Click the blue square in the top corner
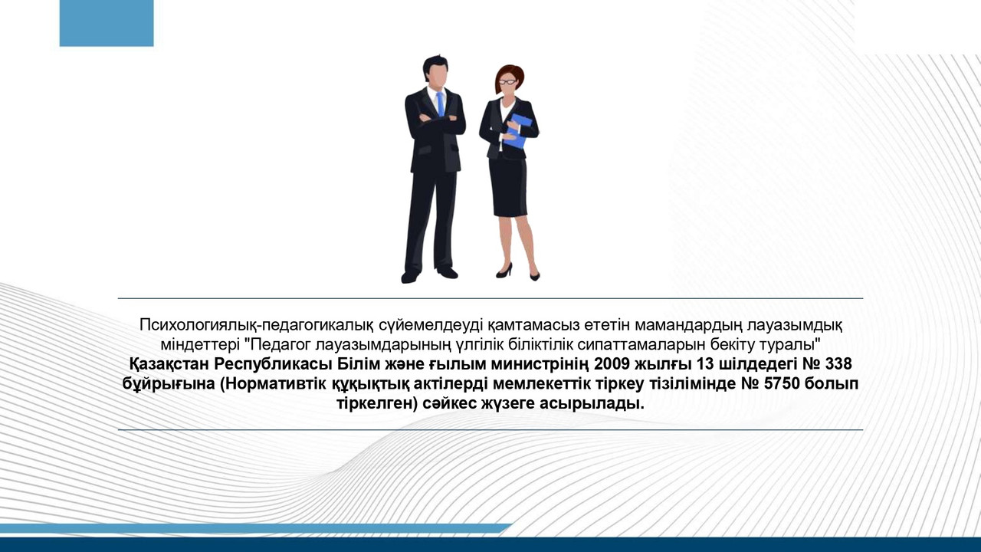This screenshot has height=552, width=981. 106,23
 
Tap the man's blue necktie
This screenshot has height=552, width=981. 440,103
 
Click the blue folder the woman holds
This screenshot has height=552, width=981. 519,130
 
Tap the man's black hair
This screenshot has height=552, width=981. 435,64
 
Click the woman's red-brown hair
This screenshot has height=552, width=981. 512,73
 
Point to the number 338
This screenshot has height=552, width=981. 838,363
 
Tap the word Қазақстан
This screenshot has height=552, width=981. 168,363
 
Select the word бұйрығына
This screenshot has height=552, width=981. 168,383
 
